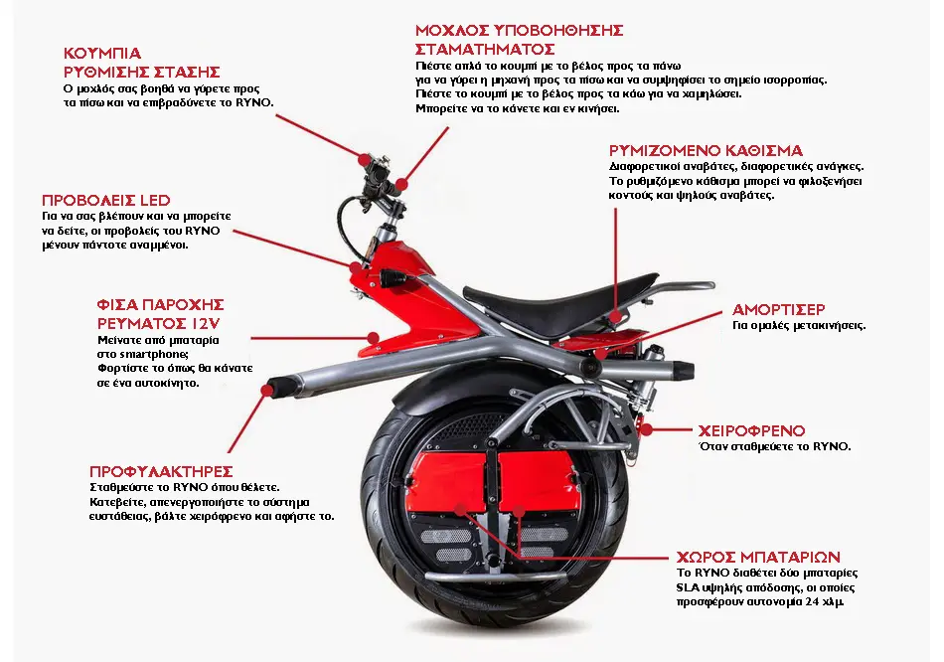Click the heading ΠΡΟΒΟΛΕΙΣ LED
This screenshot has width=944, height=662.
click(x=106, y=200)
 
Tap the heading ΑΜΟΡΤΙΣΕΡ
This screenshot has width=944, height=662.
click(x=778, y=309)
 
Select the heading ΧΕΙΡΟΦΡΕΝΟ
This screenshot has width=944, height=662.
click(x=751, y=430)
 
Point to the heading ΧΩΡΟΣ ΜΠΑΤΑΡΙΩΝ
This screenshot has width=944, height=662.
click(x=758, y=557)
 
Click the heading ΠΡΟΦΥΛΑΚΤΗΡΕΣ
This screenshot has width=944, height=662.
click(x=161, y=471)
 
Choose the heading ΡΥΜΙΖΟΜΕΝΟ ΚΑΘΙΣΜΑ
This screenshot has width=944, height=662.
click(x=706, y=150)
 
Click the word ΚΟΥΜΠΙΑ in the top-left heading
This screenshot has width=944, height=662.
click(x=102, y=53)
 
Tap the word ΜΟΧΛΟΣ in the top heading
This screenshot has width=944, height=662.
click(x=451, y=30)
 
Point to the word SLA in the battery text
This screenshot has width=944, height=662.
click(x=688, y=587)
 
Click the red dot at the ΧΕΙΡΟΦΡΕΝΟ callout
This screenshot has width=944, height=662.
click(x=646, y=429)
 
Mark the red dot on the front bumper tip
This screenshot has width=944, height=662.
click(x=266, y=391)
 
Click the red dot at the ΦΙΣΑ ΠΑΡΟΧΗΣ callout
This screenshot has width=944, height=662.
click(x=374, y=339)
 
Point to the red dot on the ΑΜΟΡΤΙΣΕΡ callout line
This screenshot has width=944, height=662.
click(x=599, y=353)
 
